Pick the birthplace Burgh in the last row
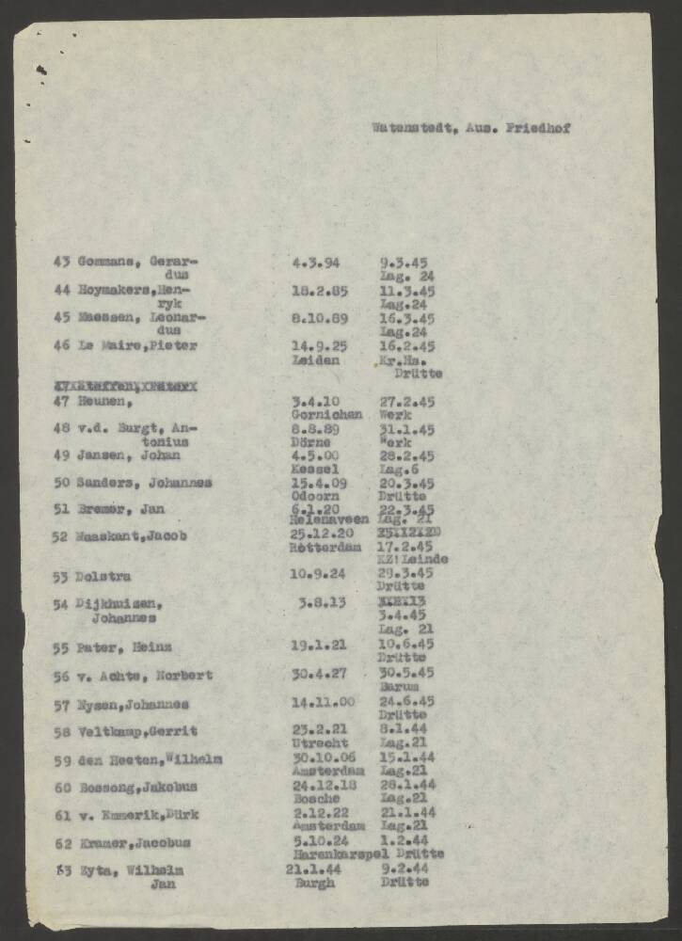(x=315, y=884)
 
